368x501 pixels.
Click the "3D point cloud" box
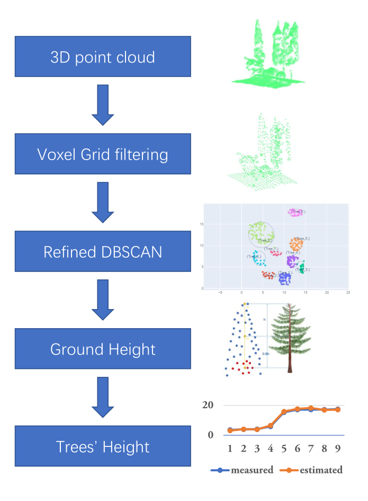[x=103, y=57]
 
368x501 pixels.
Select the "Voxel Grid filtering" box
[x=103, y=154]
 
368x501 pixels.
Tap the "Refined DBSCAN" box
[x=103, y=251]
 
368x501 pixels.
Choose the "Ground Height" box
[x=103, y=349]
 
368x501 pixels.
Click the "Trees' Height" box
[x=103, y=446]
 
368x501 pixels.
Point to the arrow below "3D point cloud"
[x=103, y=105]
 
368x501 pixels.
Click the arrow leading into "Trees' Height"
[x=103, y=398]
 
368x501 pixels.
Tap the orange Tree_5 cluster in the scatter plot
[x=296, y=244]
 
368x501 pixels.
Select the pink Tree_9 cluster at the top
[x=295, y=212]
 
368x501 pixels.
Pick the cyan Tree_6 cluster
[x=259, y=259]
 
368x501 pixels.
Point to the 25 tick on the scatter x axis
[x=347, y=292]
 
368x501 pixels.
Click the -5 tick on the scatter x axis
[x=220, y=292]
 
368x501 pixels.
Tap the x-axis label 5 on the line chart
[x=284, y=448]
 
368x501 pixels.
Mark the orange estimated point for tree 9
[x=338, y=409]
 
